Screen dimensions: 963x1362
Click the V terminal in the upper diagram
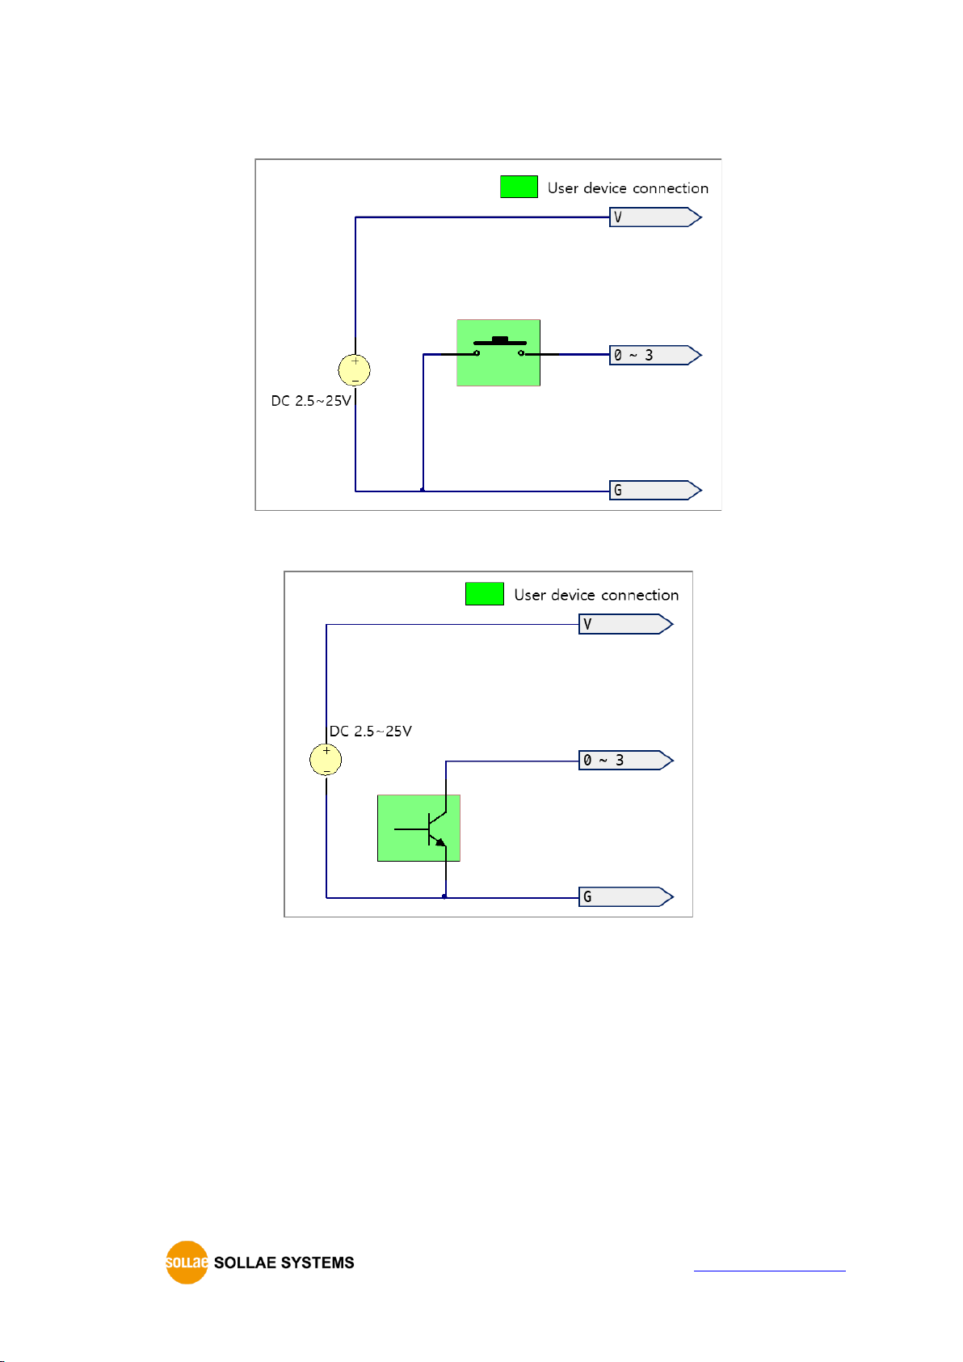pos(655,217)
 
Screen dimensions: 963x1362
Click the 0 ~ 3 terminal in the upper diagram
pos(655,355)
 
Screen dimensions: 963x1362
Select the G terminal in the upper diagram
pos(655,490)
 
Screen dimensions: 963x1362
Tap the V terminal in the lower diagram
pos(626,625)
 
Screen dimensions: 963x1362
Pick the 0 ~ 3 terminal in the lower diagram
pos(626,761)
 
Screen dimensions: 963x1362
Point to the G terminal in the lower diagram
pos(626,897)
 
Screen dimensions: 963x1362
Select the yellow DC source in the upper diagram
pos(354,370)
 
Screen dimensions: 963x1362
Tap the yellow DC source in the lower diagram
pos(326,760)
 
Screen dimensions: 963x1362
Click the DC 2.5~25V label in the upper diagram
pos(311,401)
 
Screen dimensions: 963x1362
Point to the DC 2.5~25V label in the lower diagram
pos(371,732)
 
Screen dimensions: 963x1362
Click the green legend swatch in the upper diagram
pos(519,187)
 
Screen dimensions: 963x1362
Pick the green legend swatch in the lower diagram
pos(484,593)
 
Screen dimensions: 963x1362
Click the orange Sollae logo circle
pos(187,1263)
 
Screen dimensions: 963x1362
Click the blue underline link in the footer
pos(769,1270)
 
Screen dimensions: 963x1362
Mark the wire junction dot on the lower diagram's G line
pos(445,897)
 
